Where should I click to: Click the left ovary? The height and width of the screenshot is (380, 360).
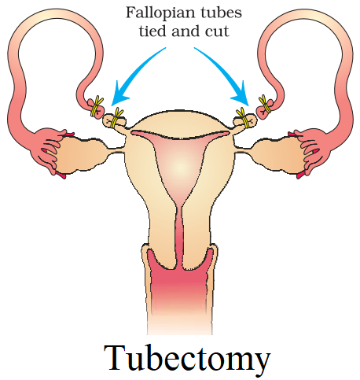79,153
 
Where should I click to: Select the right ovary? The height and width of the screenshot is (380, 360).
281,153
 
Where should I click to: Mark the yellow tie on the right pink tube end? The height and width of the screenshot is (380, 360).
265,105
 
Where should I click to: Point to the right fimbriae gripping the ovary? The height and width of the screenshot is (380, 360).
309,152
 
